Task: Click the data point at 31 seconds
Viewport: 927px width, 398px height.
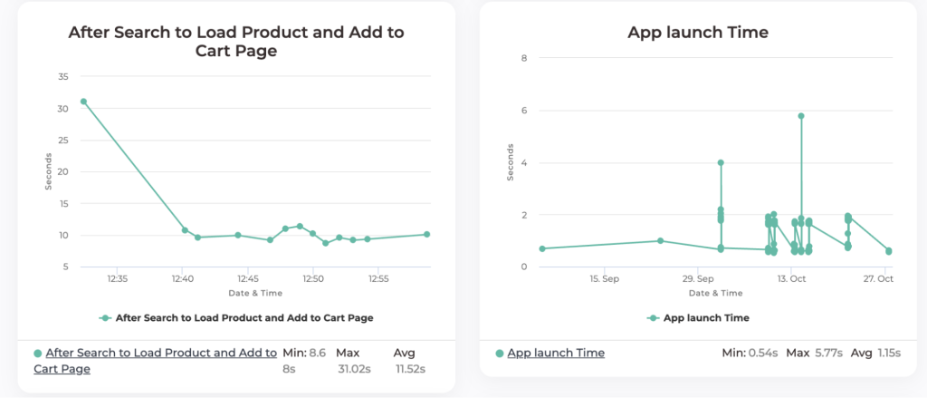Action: (x=83, y=102)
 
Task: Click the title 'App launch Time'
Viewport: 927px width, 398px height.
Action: (x=697, y=33)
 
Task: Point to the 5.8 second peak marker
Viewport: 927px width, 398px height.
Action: (x=801, y=116)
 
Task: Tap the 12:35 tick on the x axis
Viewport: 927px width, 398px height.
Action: (x=117, y=279)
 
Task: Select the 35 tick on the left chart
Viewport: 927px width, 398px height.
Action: (x=62, y=77)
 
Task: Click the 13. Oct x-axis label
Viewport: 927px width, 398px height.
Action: (x=791, y=279)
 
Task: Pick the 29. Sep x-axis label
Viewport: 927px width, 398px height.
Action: (x=699, y=279)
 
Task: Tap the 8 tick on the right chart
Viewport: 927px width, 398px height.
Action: (x=523, y=58)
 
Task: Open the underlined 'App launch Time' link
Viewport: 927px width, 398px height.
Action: (x=555, y=353)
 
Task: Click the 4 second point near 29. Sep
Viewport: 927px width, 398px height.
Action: (x=721, y=163)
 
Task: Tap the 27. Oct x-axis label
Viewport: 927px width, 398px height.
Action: (x=878, y=279)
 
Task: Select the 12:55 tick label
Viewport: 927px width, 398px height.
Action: (x=379, y=279)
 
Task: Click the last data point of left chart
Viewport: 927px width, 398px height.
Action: (x=426, y=234)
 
